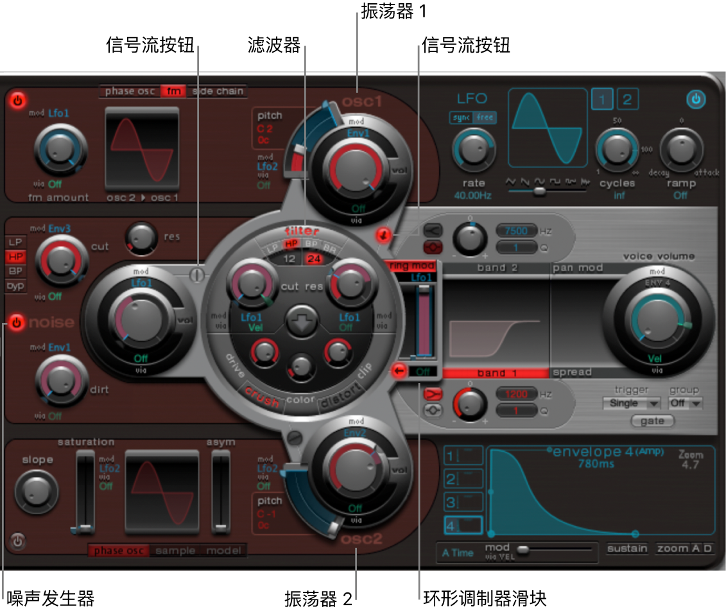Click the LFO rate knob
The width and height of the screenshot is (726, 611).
pos(474,150)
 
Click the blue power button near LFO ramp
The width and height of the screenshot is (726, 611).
pos(696,99)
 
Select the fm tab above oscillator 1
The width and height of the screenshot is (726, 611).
pos(173,91)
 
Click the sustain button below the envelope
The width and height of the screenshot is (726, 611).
pos(627,549)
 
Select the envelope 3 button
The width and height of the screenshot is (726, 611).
pos(462,501)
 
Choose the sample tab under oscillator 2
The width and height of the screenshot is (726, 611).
pos(177,551)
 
